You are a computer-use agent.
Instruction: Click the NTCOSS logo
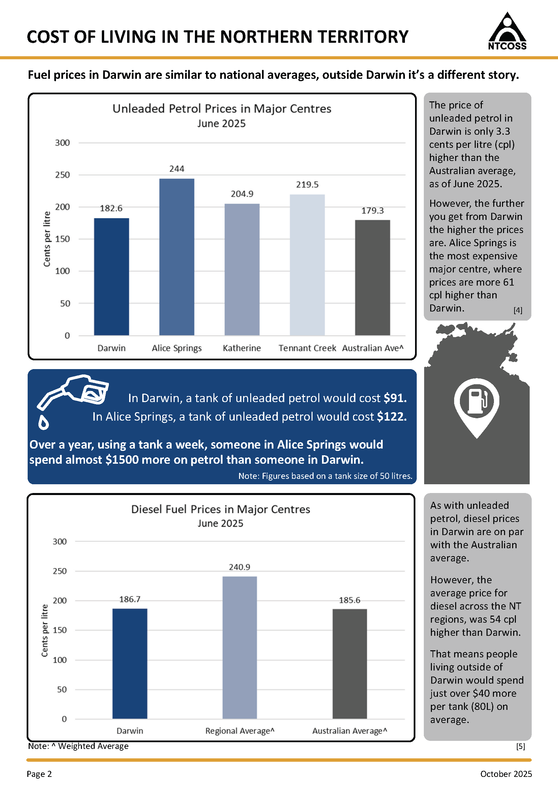tap(507, 31)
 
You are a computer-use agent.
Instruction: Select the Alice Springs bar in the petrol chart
tap(177, 257)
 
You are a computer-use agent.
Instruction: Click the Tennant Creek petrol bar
tap(307, 265)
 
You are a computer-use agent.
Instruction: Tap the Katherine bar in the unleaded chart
tap(242, 269)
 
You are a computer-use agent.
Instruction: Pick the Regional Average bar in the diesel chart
tap(239, 648)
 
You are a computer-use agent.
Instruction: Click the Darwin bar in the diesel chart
tap(130, 663)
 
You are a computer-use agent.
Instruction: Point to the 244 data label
tap(177, 168)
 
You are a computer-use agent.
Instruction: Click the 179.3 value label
tap(373, 210)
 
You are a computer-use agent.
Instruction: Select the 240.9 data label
tap(239, 567)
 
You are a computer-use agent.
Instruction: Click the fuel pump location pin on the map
tap(476, 408)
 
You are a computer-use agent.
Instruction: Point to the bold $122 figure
tap(392, 416)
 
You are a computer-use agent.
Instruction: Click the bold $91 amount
tap(395, 398)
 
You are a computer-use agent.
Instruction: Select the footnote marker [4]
tap(518, 310)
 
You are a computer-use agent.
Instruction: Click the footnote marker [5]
tap(521, 746)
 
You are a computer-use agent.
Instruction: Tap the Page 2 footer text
tap(39, 774)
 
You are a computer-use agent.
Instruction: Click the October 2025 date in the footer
tap(506, 774)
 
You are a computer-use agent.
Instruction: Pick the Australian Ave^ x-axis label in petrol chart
tap(373, 348)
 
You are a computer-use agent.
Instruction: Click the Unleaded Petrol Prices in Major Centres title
tap(222, 108)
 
